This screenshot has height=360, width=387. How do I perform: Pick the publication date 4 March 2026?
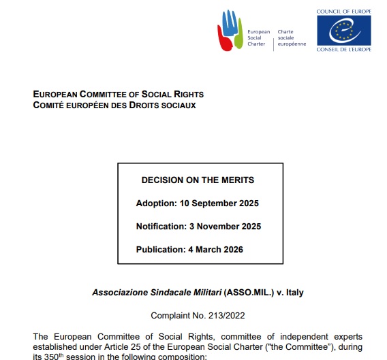tap(214, 249)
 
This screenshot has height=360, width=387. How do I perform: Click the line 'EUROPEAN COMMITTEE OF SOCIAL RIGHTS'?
tap(118, 95)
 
